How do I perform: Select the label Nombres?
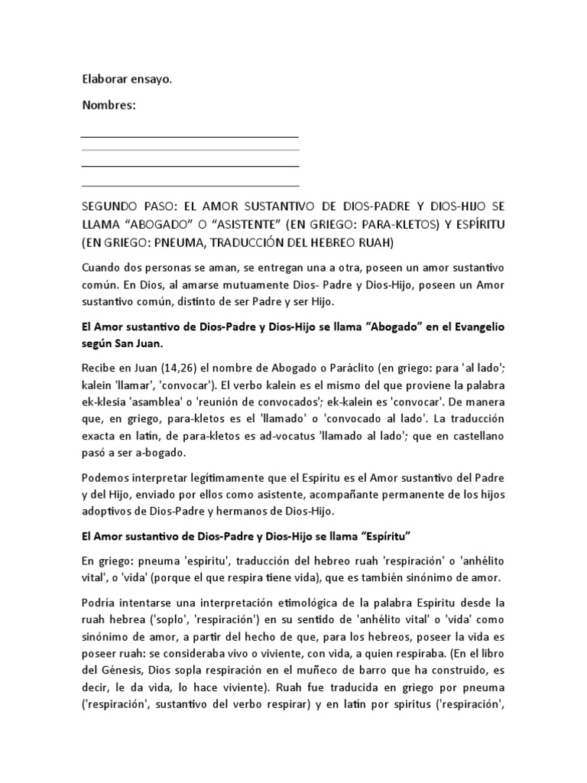(x=109, y=106)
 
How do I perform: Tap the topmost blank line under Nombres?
(x=190, y=137)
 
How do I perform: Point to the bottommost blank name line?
(x=190, y=185)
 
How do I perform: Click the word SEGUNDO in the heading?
(x=110, y=206)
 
